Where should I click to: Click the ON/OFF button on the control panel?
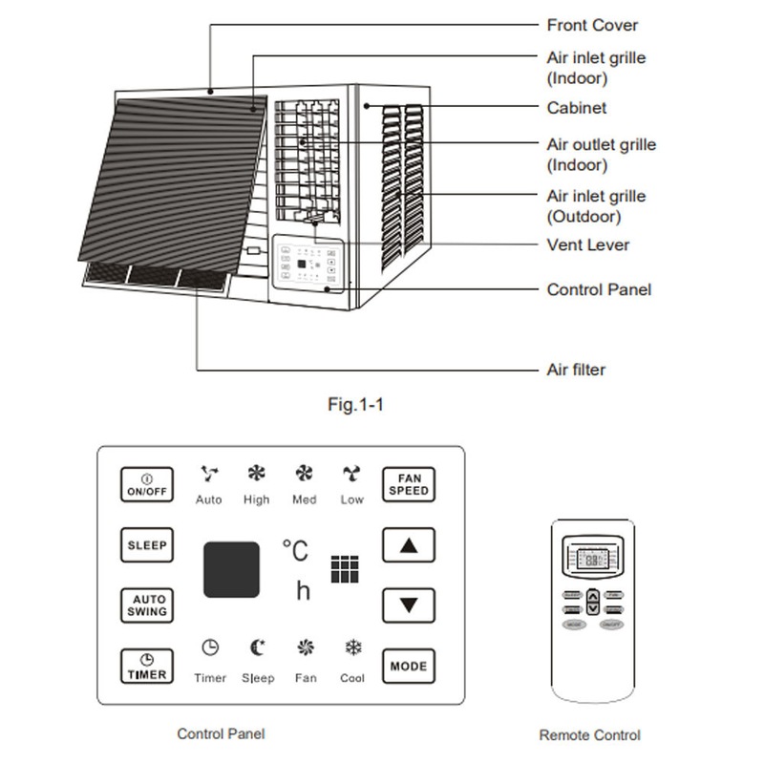point(147,484)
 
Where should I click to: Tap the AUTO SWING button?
point(147,605)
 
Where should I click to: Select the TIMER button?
point(147,667)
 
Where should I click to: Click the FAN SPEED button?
point(409,484)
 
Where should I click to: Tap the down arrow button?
point(409,605)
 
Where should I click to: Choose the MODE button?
point(409,666)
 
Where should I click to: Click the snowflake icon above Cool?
point(352,647)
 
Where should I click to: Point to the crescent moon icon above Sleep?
point(257,647)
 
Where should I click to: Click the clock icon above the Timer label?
point(210,647)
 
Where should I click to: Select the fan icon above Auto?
point(208,473)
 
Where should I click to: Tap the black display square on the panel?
point(230,570)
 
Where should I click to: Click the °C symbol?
point(295,551)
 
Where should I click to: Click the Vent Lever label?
point(587,245)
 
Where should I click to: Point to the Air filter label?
point(576,370)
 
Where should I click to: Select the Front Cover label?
point(592,25)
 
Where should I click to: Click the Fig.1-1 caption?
point(355,405)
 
